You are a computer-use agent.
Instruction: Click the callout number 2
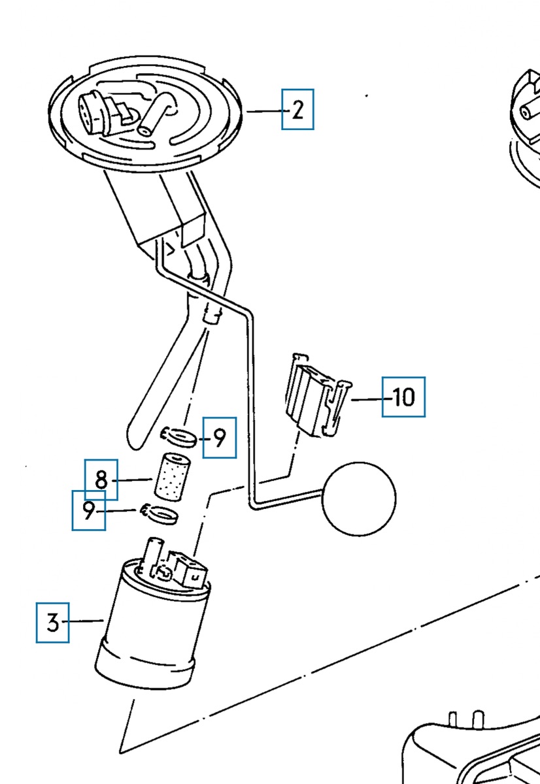tap(297, 110)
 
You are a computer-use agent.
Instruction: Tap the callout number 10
tap(404, 397)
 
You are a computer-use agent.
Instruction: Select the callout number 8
tap(101, 480)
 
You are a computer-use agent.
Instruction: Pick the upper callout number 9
tap(220, 438)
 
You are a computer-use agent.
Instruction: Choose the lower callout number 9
tap(89, 511)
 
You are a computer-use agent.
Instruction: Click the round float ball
tap(359, 498)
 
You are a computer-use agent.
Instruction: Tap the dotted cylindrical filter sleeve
tap(172, 477)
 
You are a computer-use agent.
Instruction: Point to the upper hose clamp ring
tap(178, 438)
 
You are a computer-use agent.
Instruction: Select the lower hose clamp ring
tap(160, 514)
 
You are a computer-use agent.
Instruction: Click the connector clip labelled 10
tap(317, 395)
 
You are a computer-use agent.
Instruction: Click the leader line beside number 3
tap(83, 621)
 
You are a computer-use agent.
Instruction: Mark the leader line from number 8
tap(131, 480)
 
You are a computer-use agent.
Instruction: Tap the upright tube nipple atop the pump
tap(154, 553)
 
